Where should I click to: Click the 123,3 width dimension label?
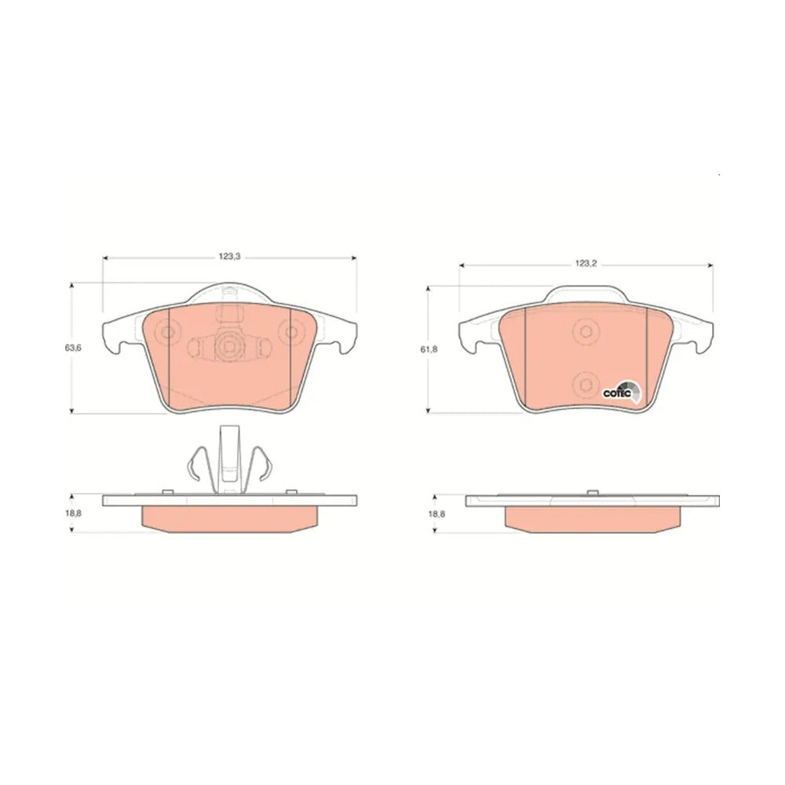tap(230, 257)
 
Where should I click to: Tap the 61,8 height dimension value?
tap(429, 349)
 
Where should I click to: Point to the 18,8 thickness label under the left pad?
tap(72, 513)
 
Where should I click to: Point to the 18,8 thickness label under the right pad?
tap(436, 513)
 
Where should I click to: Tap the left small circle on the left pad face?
tap(166, 332)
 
